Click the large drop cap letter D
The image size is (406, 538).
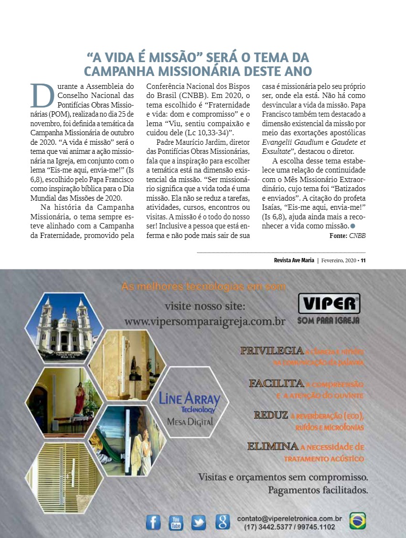coord(41,96)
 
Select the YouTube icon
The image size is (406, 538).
coord(176,522)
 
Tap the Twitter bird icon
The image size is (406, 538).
coord(199,522)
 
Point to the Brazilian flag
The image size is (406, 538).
coord(357,521)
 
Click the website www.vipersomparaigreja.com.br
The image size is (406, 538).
coord(204,322)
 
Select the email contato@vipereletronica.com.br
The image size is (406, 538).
coord(289,518)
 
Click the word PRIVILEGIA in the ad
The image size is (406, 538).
coord(272,351)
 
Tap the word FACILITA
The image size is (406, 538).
coord(276,383)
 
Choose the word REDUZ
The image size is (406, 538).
coord(271,415)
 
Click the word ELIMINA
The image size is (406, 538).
coord(273,447)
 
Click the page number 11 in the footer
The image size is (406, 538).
coord(363,260)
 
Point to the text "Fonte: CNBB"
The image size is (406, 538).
coord(347,236)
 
